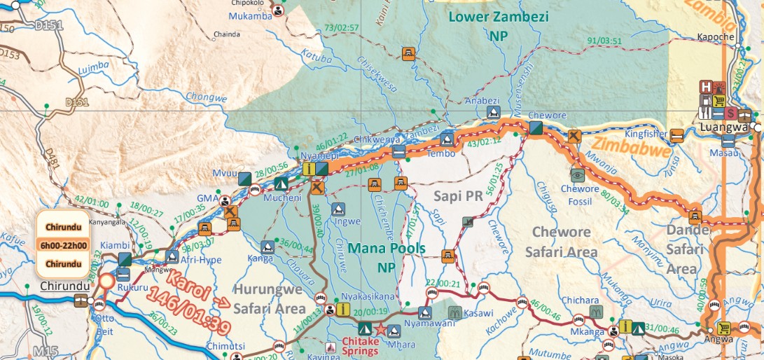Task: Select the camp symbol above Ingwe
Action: [338, 209]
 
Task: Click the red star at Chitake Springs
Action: [380, 329]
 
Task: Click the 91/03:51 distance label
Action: [606, 40]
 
